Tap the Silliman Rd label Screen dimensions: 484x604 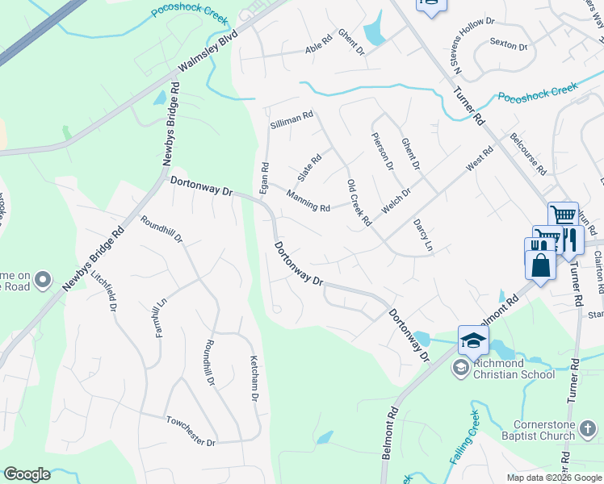(x=292, y=118)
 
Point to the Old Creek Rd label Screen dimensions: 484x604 (x=358, y=202)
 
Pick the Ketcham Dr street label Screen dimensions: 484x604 (x=254, y=378)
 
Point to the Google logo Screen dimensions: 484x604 (x=27, y=474)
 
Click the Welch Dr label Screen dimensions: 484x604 (x=396, y=202)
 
